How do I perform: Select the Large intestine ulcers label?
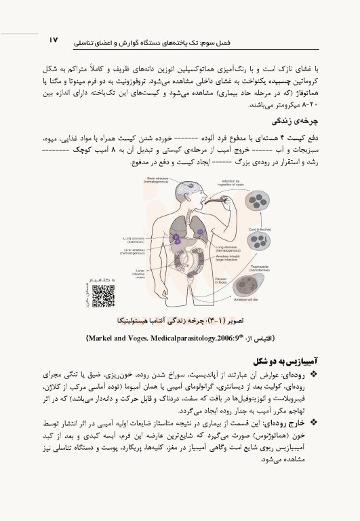[x=138, y=274]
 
